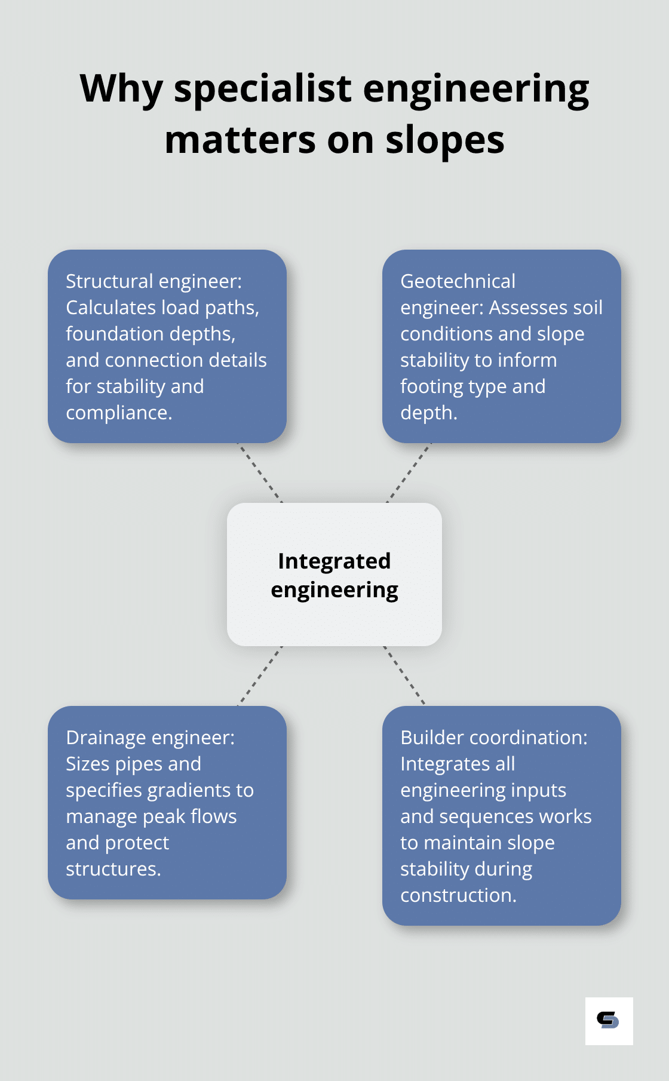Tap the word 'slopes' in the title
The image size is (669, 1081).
click(444, 141)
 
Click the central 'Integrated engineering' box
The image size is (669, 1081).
click(334, 575)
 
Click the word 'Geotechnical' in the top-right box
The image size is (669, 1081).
click(458, 281)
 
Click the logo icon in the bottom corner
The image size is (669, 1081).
click(609, 1021)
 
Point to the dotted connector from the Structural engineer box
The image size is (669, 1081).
click(260, 473)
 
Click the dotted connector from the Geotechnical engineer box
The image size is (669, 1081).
click(409, 473)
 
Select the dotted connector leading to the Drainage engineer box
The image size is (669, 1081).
click(260, 676)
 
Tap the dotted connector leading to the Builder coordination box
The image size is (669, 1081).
click(404, 676)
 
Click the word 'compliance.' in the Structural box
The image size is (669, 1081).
click(119, 413)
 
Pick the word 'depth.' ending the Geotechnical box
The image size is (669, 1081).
click(428, 413)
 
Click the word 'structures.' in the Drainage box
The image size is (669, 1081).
click(113, 869)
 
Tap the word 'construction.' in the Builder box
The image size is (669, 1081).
click(458, 895)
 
